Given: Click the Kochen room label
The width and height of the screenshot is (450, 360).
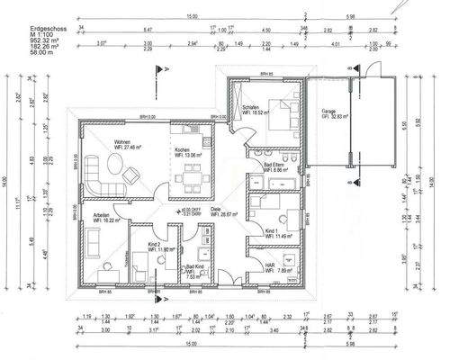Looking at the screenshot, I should coord(183,148).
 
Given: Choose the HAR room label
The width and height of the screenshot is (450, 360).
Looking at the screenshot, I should coord(257,265).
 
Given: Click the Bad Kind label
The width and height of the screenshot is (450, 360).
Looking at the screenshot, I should coord(194,267).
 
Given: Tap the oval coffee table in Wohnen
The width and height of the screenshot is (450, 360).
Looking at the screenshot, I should coord(115,163).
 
